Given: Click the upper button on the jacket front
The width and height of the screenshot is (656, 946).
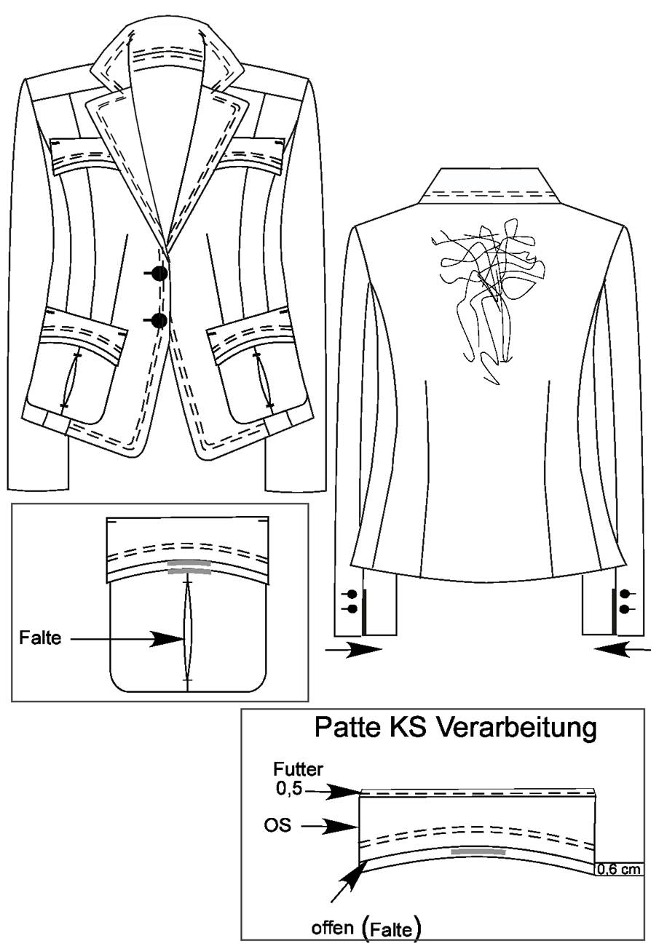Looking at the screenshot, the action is click(159, 274).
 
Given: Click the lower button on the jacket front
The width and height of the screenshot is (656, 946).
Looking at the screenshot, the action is click(159, 321).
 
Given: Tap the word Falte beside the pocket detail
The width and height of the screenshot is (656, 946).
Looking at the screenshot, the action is click(40, 638).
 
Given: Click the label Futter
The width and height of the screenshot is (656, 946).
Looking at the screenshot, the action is click(298, 769).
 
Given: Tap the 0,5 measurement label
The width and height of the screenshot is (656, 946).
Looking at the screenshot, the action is click(289, 790).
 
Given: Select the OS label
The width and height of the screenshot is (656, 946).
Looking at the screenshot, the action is click(277, 826).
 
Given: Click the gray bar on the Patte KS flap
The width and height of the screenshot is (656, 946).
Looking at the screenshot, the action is click(478, 852).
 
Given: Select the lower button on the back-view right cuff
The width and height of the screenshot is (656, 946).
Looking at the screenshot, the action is click(623, 609).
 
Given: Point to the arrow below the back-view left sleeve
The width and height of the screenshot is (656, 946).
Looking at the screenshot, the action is click(353, 651).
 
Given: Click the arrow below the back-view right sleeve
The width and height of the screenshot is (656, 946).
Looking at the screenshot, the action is click(623, 651).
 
